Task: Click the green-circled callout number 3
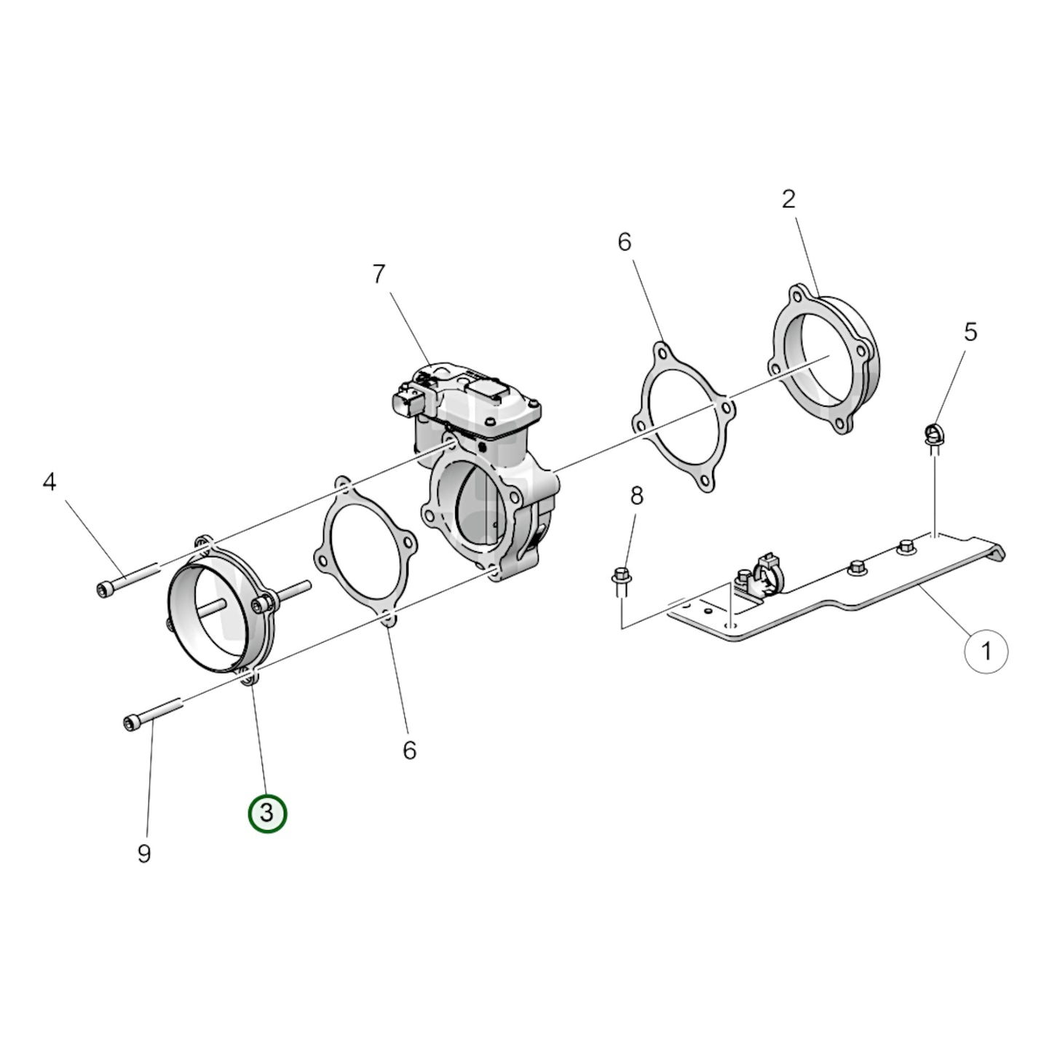click(267, 813)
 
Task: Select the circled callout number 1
click(986, 651)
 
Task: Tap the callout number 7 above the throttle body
click(378, 274)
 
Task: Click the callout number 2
click(788, 199)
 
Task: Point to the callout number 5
click(970, 332)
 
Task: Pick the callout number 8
click(636, 497)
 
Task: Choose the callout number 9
click(144, 853)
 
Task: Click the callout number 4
click(49, 482)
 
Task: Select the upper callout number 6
click(625, 242)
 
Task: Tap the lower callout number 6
click(409, 749)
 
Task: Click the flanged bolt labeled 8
click(621, 575)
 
